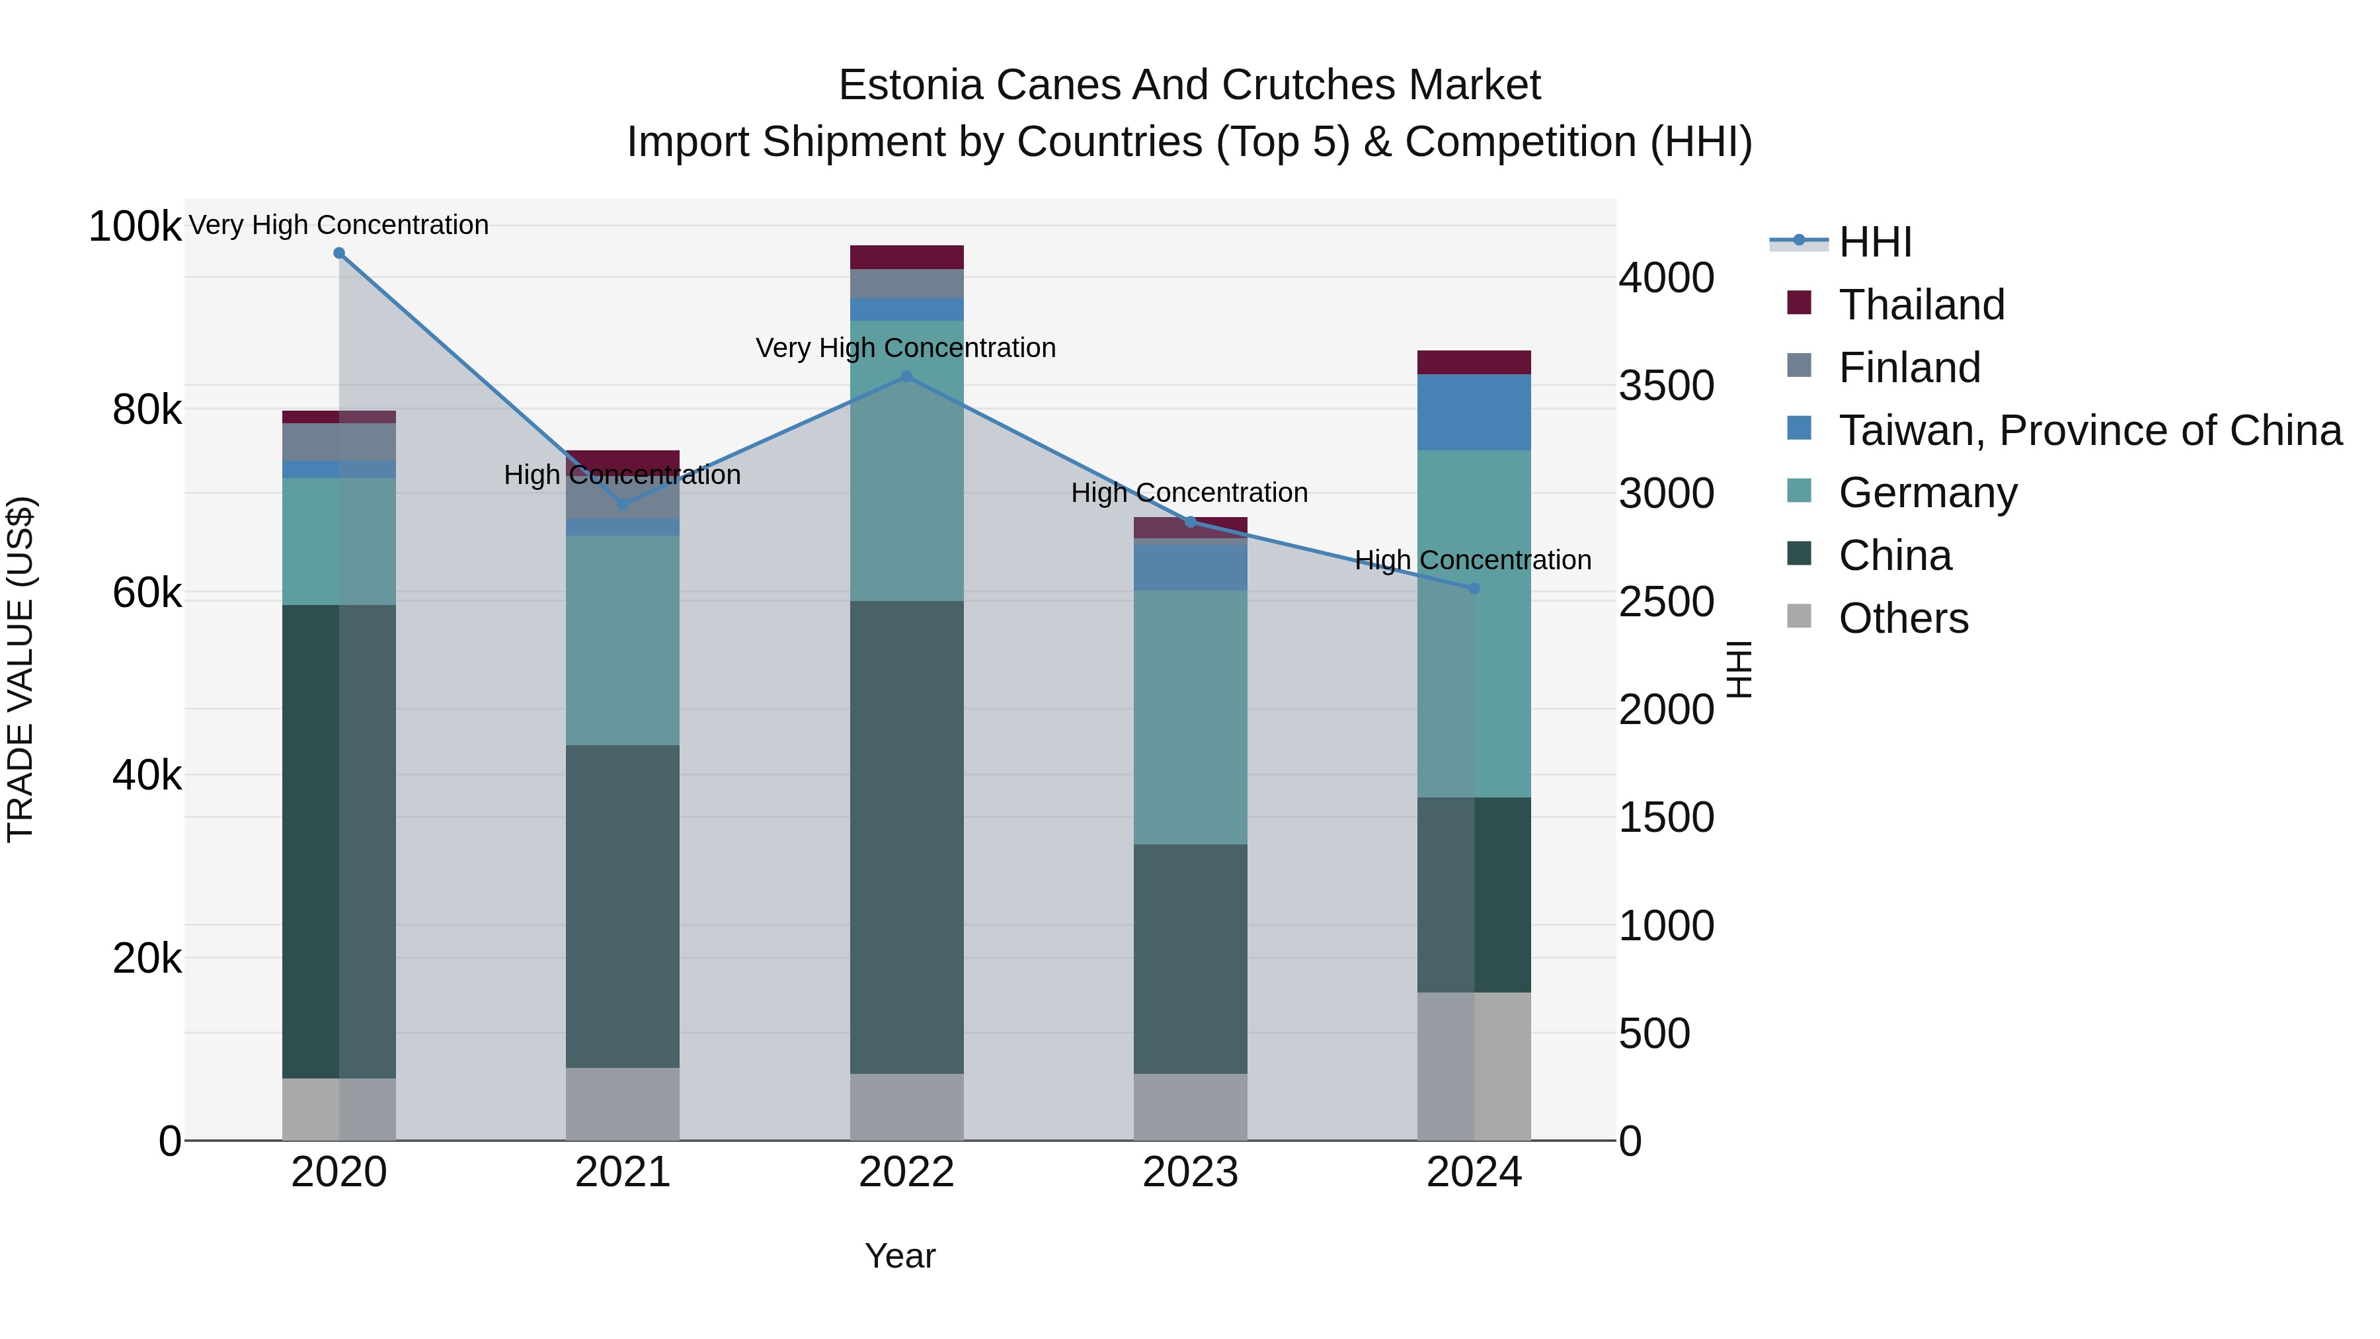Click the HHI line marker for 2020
339,253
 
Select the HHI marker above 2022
906,376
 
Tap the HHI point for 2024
1474,588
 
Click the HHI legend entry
1875,242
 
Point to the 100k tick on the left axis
135,226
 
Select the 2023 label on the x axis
1190,1172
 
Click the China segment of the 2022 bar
906,836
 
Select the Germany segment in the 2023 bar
1190,716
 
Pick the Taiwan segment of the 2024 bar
1474,412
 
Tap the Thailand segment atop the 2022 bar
906,257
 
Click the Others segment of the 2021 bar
622,1104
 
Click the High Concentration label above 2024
1473,560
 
